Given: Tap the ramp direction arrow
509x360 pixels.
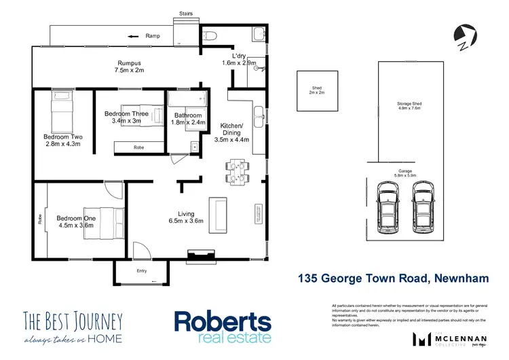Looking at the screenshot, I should click(134, 36).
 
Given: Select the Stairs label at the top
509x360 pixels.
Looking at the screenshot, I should click(185, 13).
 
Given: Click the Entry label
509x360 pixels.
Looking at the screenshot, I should click(141, 271).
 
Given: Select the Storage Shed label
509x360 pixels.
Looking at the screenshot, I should click(409, 104).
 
